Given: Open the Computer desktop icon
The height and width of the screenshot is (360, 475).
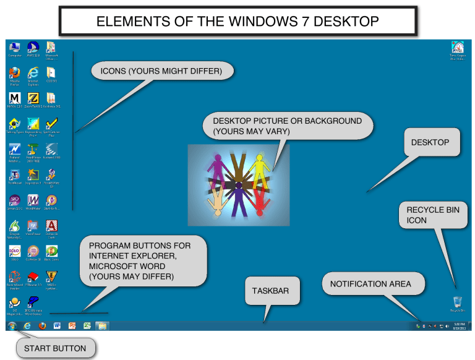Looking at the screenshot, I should coord(15,47).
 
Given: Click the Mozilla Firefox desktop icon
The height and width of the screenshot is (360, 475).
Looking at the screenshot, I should coord(15,73).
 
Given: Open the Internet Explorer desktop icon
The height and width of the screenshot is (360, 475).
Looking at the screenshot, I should coord(33,73).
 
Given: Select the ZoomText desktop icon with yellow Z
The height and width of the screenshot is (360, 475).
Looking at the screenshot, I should coord(33,98).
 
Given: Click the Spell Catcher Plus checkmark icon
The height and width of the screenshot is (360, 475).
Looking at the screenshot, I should coord(52,124).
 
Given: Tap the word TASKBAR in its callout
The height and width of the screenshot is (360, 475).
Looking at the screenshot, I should coord(270,290).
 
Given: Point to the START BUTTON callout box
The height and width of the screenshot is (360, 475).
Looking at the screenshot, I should coord(55,348).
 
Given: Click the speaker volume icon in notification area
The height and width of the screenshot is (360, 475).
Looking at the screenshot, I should coord(447,325).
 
